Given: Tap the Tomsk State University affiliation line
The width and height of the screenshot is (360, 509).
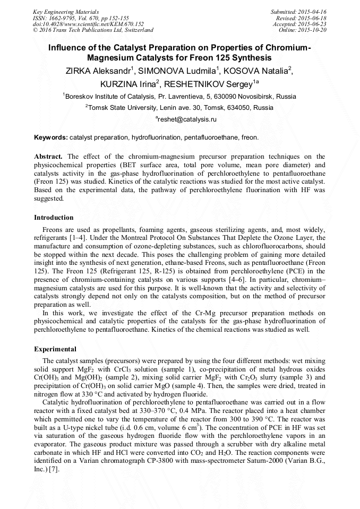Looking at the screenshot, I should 179,108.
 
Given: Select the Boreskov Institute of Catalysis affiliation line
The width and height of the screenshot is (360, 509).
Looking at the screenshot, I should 179,97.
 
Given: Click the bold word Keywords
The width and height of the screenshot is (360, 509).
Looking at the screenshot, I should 51,138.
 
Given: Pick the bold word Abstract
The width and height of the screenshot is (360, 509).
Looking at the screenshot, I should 48,157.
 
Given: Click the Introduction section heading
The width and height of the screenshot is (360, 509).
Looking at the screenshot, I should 54,218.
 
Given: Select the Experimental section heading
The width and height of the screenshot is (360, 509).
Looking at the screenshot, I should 55,349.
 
